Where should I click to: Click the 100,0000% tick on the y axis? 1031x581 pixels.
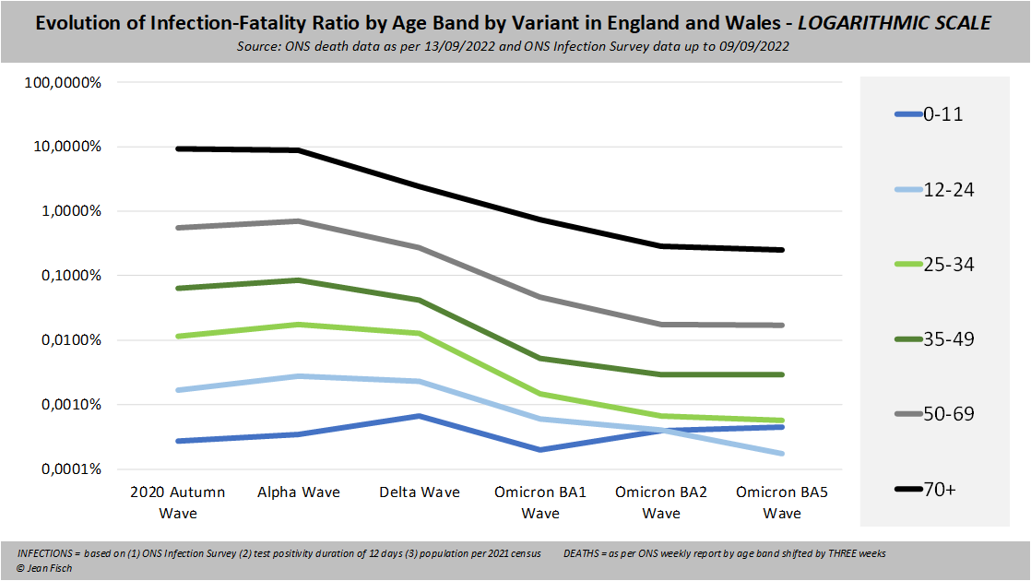tap(63, 82)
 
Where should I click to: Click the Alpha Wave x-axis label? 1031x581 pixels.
tap(298, 492)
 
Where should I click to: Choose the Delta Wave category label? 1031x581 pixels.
tap(419, 492)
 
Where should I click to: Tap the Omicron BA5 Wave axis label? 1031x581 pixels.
tap(781, 502)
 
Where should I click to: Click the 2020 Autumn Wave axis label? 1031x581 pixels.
tap(178, 502)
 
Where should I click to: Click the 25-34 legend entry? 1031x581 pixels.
tap(934, 265)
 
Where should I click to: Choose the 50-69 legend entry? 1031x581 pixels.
tap(934, 414)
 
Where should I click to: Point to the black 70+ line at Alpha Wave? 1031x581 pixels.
tap(298, 150)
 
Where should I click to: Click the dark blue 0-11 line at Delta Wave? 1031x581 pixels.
tap(419, 416)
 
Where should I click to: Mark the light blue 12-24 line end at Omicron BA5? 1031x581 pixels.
tap(782, 453)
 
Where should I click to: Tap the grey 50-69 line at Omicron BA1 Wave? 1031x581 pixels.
tap(540, 297)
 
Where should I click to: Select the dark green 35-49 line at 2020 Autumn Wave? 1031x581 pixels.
tap(178, 288)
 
